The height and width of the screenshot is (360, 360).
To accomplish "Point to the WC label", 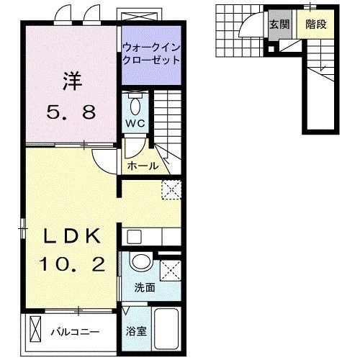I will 135,123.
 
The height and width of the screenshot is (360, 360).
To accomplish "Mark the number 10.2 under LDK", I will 69,265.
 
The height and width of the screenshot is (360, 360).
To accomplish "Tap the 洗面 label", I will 144,288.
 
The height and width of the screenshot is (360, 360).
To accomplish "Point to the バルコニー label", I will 75,332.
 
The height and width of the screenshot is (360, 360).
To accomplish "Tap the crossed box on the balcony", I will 37,331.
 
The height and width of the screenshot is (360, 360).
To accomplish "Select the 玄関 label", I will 279,24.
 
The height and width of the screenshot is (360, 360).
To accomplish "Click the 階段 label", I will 315,24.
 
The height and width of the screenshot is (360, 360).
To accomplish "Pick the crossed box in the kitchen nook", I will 171,190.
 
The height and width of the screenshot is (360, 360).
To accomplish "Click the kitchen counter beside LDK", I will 151,236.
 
